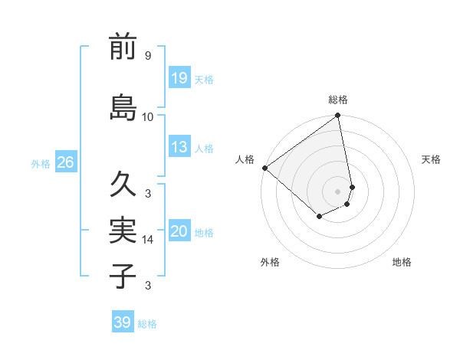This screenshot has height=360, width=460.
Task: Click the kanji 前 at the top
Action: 123,47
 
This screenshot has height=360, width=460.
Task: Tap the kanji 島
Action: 123,107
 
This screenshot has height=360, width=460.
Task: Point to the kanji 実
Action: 123,230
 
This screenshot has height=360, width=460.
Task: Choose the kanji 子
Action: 123,276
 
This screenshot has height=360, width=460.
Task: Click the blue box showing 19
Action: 179,78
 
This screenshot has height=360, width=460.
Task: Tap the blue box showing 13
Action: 179,147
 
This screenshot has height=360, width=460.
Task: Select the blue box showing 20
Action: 179,231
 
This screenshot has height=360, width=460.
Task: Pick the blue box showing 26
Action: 65,162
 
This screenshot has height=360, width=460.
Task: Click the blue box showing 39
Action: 123,322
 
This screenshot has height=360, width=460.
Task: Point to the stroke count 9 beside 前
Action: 148,56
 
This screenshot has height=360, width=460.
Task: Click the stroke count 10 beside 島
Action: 148,117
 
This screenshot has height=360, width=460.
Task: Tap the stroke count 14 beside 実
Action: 148,240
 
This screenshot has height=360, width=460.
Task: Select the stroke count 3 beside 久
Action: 148,193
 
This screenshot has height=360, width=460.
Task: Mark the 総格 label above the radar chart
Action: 338,100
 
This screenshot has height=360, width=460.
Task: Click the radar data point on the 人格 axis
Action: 264,168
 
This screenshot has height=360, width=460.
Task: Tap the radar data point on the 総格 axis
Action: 338,116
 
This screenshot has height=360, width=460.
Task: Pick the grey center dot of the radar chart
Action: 338,191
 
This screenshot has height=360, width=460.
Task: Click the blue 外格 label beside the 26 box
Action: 40,163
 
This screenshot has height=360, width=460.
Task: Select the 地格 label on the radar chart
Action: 402,262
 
